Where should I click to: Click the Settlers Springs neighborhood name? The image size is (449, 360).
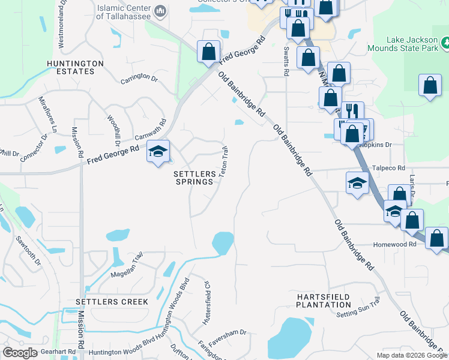194,178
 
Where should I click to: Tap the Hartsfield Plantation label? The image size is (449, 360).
324,301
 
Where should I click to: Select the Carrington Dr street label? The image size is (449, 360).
139,79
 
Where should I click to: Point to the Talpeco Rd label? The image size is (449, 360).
388,169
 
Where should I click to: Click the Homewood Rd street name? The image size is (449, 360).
395,244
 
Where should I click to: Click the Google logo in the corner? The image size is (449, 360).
20,353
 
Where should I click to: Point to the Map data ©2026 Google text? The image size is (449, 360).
411,355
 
